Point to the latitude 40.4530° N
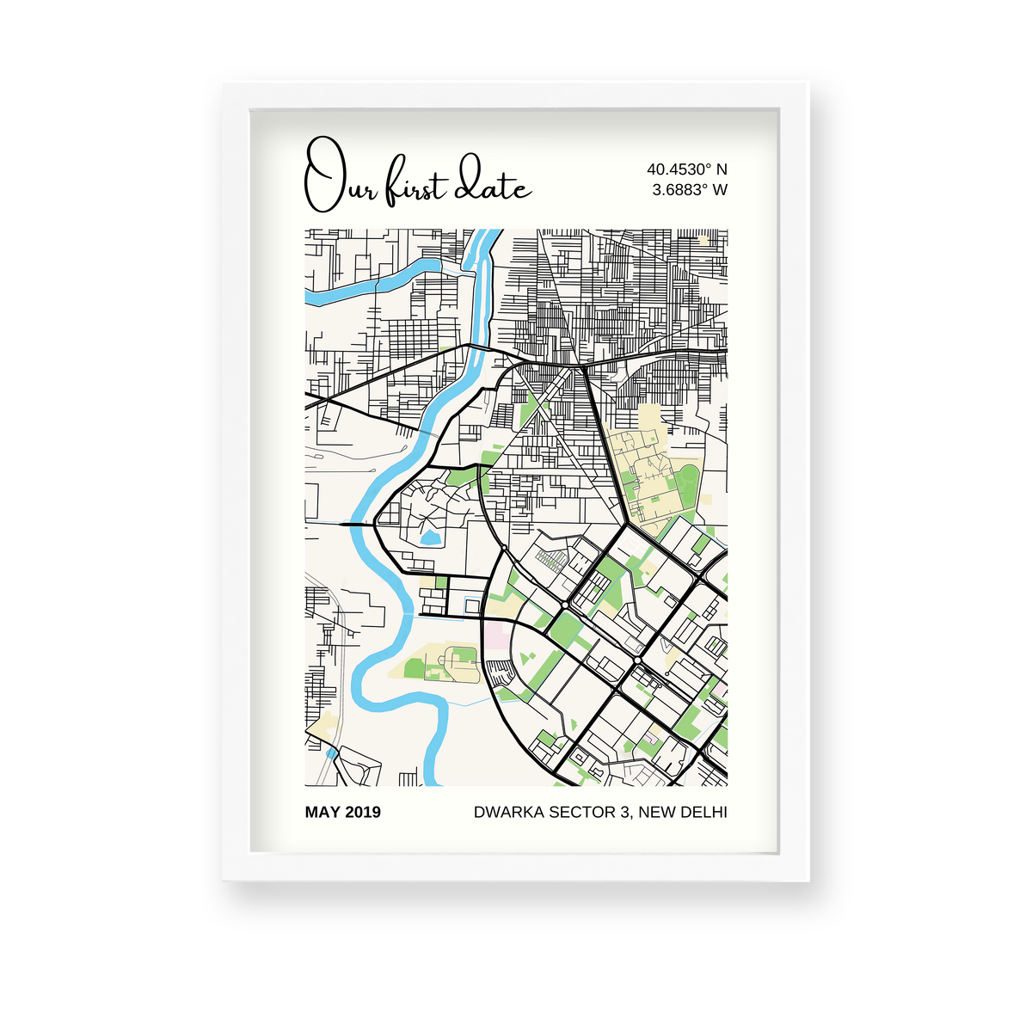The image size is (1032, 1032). (686, 169)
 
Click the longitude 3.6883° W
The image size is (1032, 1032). (689, 189)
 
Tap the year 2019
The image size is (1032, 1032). (362, 812)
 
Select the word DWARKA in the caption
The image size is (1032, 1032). (508, 812)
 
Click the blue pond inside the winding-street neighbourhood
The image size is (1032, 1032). (430, 539)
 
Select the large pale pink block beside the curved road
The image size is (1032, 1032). (495, 637)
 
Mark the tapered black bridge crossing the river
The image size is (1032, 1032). (355, 522)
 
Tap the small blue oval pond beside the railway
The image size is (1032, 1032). (332, 752)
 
